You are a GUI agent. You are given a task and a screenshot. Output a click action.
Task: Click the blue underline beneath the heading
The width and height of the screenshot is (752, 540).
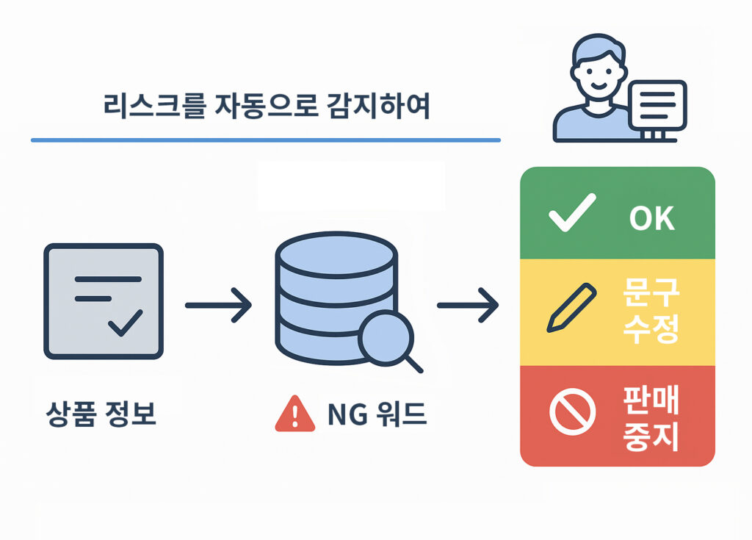(x=265, y=140)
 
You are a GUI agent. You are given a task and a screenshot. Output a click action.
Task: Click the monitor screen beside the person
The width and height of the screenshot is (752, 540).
(x=657, y=104)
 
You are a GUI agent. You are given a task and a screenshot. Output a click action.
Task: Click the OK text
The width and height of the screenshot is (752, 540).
(x=651, y=219)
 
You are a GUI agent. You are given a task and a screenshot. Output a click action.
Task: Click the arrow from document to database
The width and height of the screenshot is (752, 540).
(x=218, y=304)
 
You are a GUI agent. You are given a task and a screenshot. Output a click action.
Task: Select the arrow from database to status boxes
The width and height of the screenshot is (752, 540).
(x=469, y=304)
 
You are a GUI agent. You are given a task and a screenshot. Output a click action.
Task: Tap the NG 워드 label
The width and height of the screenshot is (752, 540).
(x=376, y=417)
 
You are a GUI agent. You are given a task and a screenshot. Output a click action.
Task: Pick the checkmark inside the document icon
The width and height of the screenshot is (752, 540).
(x=125, y=324)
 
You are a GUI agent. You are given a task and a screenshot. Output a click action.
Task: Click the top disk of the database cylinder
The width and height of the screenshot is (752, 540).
(x=336, y=251)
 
